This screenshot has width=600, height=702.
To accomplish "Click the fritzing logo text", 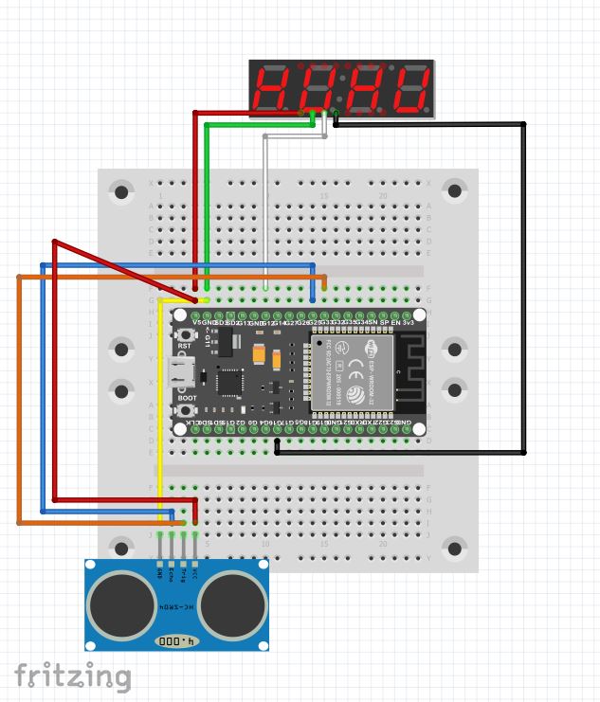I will point(72,676).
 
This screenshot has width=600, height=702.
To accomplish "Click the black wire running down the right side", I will point(524,284).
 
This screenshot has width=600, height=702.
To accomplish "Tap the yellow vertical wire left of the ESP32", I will point(160,407).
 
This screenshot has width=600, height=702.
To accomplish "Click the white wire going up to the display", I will point(265,208).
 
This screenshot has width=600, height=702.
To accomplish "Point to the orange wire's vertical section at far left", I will point(19,398).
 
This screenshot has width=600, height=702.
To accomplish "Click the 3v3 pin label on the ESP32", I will point(409,323).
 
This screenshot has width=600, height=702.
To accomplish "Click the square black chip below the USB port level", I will point(228,382).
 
